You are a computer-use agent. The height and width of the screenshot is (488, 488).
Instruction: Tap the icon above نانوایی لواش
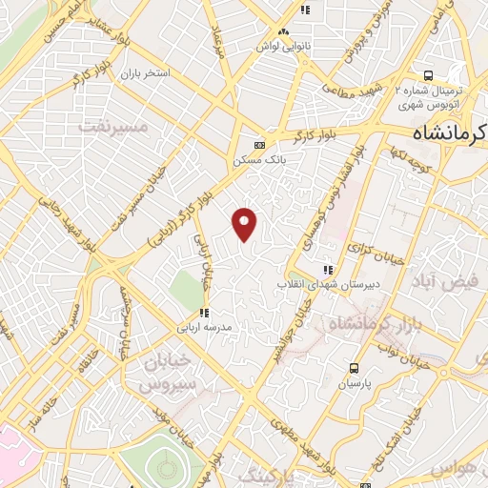point(305,10)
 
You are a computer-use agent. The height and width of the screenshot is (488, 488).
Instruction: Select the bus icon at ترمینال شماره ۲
point(429,75)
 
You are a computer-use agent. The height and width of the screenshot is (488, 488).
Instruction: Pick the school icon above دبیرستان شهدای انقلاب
point(329,270)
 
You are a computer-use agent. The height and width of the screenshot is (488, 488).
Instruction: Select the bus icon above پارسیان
point(355,368)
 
